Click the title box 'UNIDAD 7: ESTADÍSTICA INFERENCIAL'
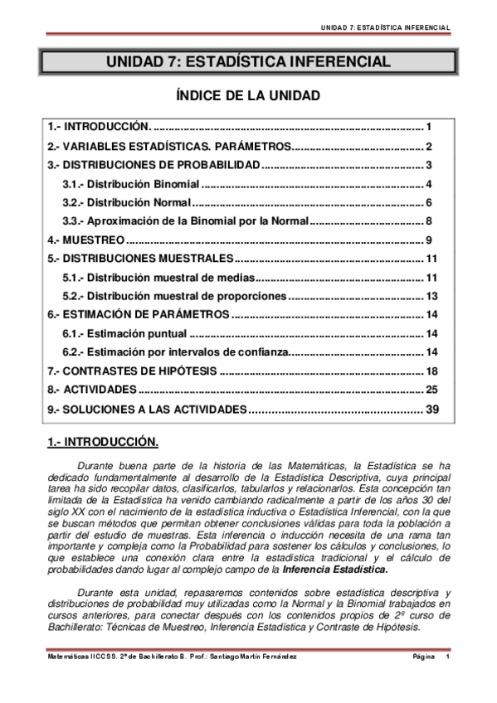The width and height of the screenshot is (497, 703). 247,62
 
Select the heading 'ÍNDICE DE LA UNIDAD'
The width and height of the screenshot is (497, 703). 247,96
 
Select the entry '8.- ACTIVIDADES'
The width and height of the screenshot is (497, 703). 91,389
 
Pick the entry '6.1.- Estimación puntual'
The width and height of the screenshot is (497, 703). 124,334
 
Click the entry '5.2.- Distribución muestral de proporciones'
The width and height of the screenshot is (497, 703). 174,296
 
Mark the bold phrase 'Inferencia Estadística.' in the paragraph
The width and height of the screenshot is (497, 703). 334,570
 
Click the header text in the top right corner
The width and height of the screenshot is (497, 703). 386,27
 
